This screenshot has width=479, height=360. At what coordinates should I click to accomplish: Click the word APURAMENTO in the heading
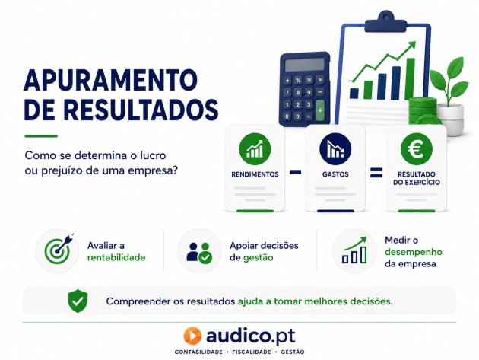point(110,80)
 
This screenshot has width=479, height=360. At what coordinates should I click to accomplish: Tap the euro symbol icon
point(416,149)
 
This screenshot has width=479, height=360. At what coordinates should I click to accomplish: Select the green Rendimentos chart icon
point(255,149)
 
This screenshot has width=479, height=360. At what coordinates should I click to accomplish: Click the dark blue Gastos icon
point(335,149)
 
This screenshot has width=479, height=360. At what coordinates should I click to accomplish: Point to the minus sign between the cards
point(295,173)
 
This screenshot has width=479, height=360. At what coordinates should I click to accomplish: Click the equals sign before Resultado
point(376,173)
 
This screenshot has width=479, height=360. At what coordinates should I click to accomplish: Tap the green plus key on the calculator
point(320,110)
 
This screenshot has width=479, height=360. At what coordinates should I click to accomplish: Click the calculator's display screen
point(305,65)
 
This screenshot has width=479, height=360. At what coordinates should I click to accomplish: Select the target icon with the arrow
point(59,250)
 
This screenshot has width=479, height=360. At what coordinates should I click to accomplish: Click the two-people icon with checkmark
point(199,253)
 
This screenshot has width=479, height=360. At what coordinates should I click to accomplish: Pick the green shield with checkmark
point(78,301)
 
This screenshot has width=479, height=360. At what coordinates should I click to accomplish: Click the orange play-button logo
point(192,336)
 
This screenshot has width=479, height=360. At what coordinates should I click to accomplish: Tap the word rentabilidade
point(116,257)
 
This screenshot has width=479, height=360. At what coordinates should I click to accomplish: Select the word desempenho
point(414,252)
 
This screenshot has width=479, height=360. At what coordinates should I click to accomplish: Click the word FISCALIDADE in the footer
point(252,352)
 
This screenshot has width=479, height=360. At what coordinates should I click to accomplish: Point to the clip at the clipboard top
point(385,21)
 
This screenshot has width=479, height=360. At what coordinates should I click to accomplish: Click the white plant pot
point(450,119)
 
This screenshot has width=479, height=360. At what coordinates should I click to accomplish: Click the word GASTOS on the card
point(335,174)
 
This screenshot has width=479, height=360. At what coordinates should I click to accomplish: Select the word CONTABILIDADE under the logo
point(198,352)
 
